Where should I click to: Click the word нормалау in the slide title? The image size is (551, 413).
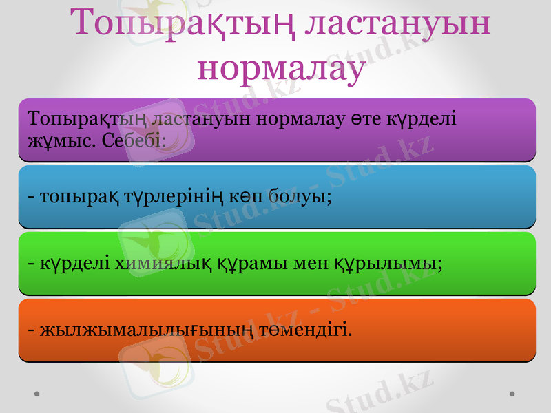281,67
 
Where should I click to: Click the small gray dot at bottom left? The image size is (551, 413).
36,394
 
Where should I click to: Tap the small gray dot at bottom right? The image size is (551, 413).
512,394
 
